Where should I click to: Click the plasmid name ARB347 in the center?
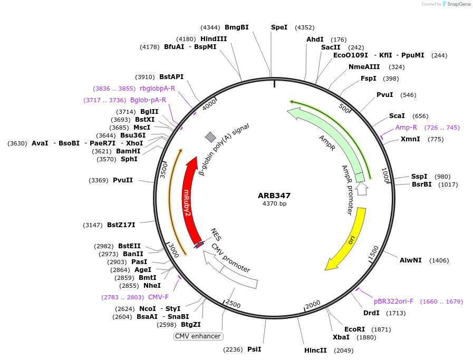coord(274,196)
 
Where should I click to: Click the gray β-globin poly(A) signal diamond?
coord(210,137)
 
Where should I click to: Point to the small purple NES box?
coord(199,245)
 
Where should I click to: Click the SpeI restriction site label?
coord(279,27)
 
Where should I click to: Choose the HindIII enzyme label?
coord(214,39)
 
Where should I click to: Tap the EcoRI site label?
coord(354,329)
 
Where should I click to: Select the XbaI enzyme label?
coord(341,337)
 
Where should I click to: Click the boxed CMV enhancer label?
coord(198,336)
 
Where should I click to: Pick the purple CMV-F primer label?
coord(158,297)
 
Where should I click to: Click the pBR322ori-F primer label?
coord(394,301)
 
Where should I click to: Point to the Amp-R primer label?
coord(406,128)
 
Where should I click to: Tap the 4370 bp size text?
coord(274,204)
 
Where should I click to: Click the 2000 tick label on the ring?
coord(312,304)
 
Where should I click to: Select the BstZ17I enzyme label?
coord(121,225)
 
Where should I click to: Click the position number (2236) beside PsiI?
coord(233,349)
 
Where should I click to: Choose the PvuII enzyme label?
coord(123,180)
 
